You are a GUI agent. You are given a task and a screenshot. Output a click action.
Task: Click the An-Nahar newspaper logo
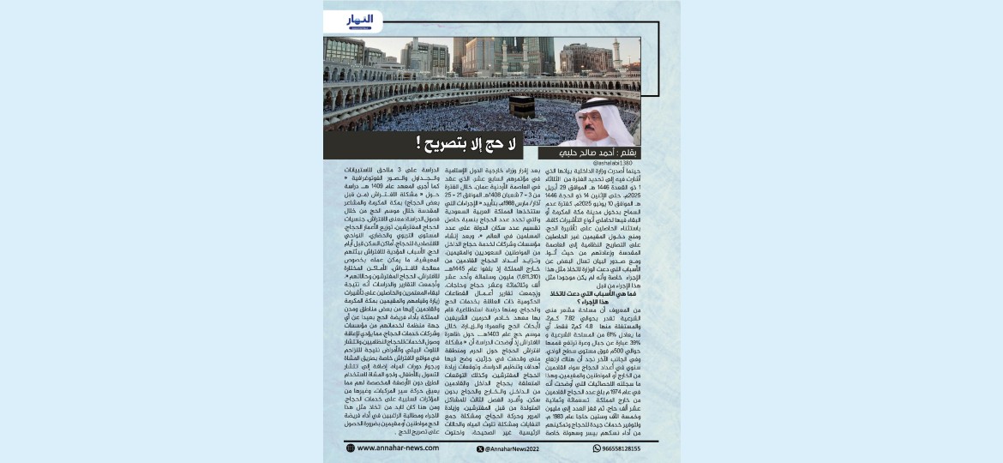tap(359, 21)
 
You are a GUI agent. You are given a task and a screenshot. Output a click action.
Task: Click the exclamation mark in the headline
tap(419, 142)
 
